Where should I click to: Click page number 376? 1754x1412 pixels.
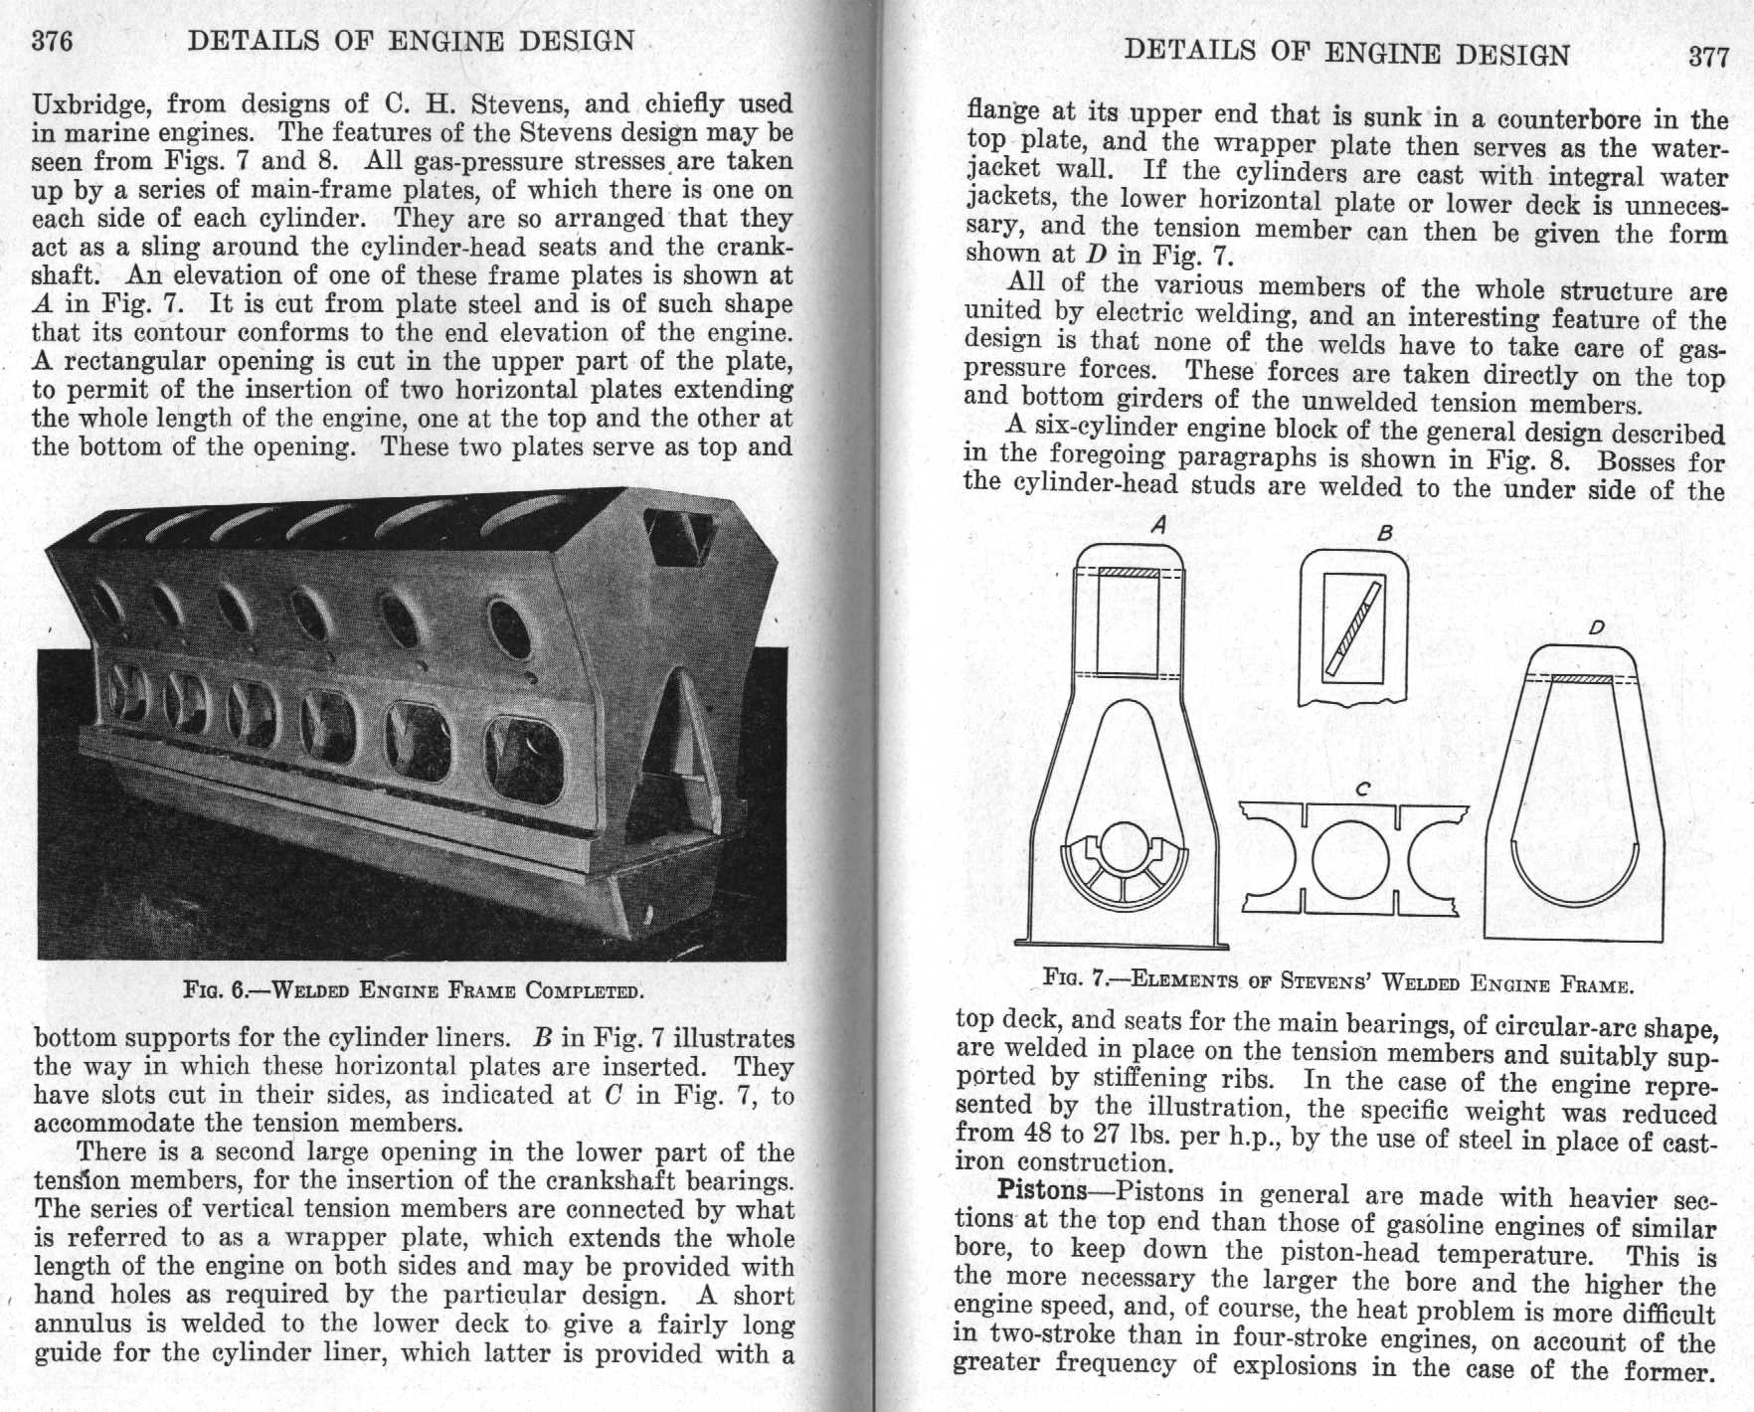pyautogui.click(x=53, y=42)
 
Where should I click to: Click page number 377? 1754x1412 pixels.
pyautogui.click(x=1708, y=56)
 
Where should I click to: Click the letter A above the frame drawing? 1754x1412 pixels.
pyautogui.click(x=1157, y=525)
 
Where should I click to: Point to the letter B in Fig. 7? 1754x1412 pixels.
pyautogui.click(x=1384, y=534)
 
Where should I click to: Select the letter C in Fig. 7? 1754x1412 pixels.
pyautogui.click(x=1363, y=789)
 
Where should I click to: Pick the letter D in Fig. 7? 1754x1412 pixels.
pyautogui.click(x=1595, y=627)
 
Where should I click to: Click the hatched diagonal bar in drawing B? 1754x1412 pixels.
pyautogui.click(x=1353, y=630)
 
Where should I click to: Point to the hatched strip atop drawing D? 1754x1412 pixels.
pyautogui.click(x=1581, y=679)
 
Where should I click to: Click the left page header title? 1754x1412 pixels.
pyautogui.click(x=411, y=41)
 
